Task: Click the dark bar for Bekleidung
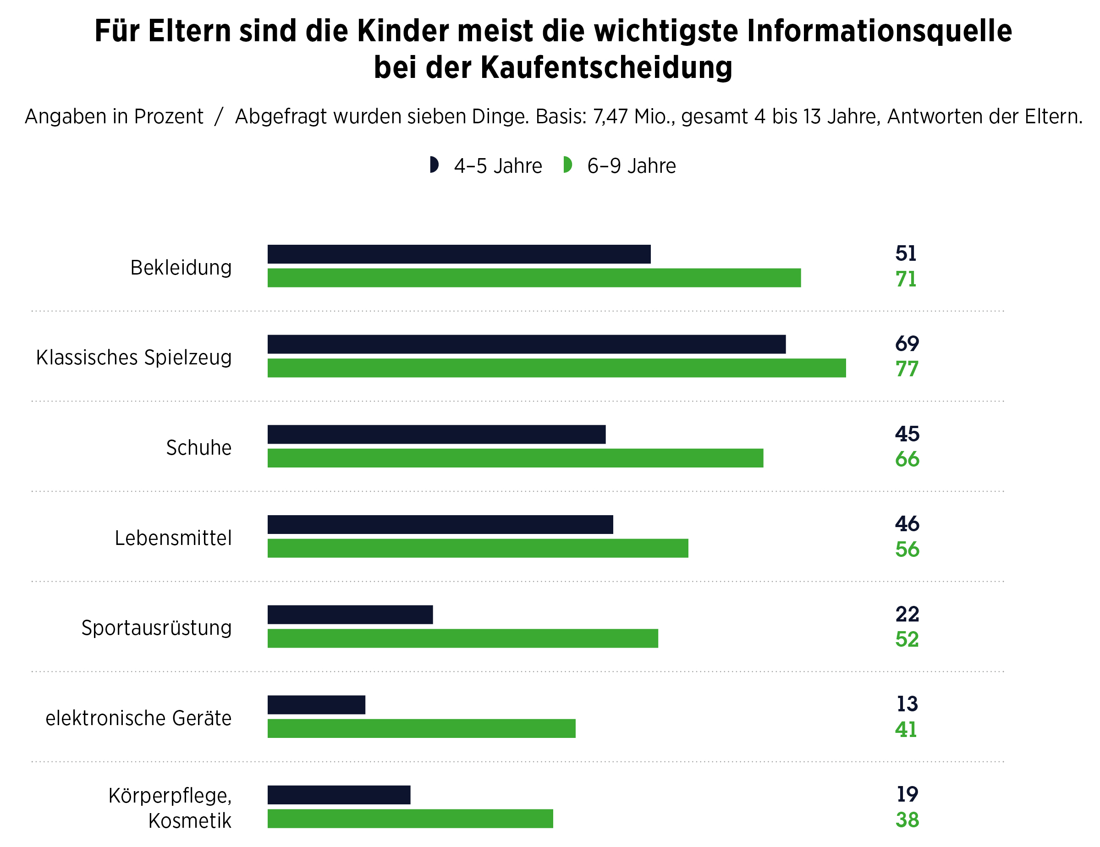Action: (x=458, y=254)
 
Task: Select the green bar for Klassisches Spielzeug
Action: (x=556, y=368)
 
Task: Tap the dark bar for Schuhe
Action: (x=436, y=434)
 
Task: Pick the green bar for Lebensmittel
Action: (x=478, y=548)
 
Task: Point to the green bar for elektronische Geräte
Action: (x=421, y=729)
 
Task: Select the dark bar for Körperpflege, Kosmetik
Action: (x=338, y=795)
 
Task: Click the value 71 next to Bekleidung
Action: (x=906, y=280)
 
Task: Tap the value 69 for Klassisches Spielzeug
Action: (x=907, y=344)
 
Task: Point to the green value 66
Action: (x=907, y=460)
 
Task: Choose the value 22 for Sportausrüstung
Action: (x=907, y=614)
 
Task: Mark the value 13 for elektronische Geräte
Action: (x=907, y=704)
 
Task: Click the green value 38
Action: (x=907, y=820)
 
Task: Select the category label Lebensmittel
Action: (x=173, y=538)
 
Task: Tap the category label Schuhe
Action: (x=198, y=448)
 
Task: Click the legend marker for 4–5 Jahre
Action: (x=434, y=165)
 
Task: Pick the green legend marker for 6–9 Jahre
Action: (x=567, y=165)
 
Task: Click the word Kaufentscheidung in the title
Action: (x=606, y=67)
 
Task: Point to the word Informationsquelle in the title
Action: (x=879, y=31)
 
